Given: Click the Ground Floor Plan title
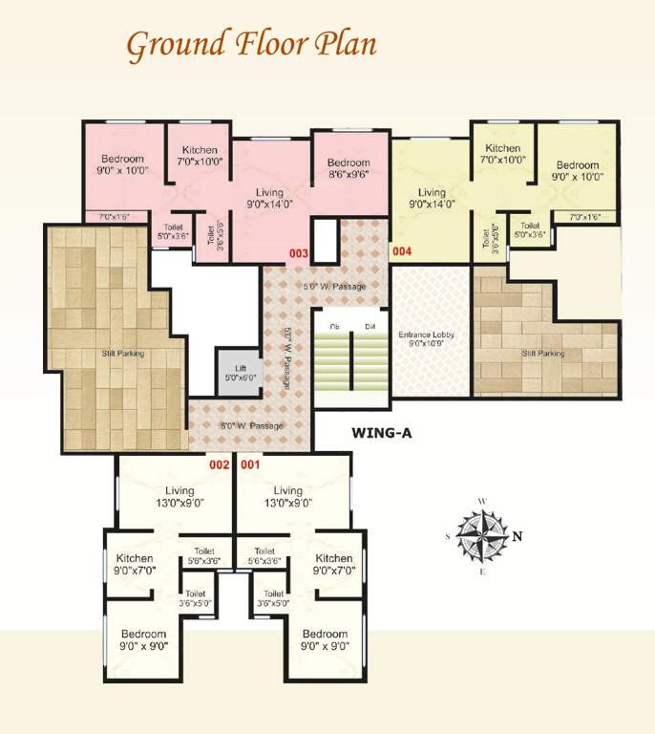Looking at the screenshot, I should click(251, 43).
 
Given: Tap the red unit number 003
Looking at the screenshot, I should click(299, 253).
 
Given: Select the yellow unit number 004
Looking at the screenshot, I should click(401, 253).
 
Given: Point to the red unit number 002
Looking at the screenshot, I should click(220, 465).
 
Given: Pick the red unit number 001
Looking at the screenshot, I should click(250, 465).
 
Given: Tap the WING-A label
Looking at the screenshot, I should click(381, 432).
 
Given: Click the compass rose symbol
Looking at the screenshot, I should click(483, 536).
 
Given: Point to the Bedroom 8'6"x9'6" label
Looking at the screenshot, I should click(348, 168).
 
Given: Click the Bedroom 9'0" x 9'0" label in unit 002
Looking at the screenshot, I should click(144, 639).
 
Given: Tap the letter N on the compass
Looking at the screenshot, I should click(517, 536).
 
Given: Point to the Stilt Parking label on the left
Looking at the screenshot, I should click(124, 354).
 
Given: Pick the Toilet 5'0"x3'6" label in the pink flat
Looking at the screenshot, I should click(173, 229).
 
